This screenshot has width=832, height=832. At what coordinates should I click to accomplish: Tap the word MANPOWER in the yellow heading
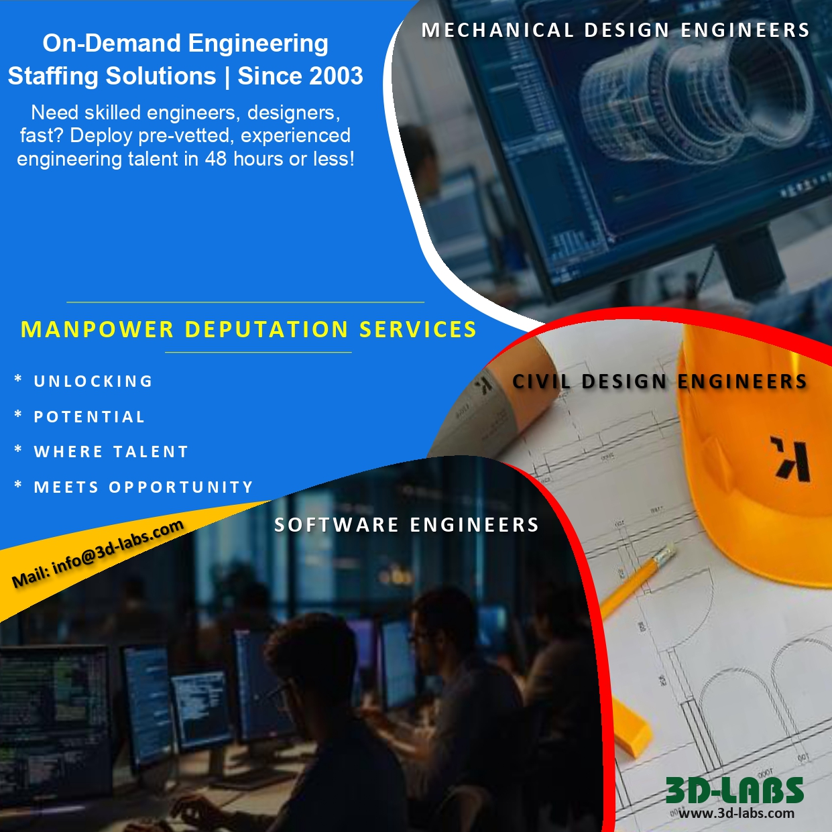pos(98,330)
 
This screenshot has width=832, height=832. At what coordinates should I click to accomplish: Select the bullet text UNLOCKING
pos(93,381)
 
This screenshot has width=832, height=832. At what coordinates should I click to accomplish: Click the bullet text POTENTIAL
pos(89,417)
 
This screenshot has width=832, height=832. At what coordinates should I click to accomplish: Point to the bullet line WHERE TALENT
pos(111,452)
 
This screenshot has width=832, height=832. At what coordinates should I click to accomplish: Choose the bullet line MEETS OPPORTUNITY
pos(143,487)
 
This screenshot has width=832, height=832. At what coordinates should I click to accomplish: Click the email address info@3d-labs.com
pos(117,548)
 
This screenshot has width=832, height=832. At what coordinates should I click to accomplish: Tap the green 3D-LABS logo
pos(734,791)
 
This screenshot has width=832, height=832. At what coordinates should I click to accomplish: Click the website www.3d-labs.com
pos(736,813)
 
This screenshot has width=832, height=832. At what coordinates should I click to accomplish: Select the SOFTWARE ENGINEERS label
pos(406,525)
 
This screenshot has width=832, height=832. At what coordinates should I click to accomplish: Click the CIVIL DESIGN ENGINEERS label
pos(660,381)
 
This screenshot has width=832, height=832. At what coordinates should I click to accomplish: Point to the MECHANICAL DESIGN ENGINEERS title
pos(615,31)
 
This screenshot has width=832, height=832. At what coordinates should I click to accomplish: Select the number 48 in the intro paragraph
pos(216,159)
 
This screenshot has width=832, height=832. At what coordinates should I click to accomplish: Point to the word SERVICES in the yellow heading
pos(418,330)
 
